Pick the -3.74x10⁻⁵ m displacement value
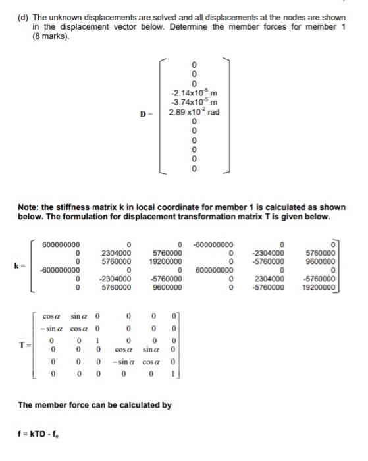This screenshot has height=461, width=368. [194, 105]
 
